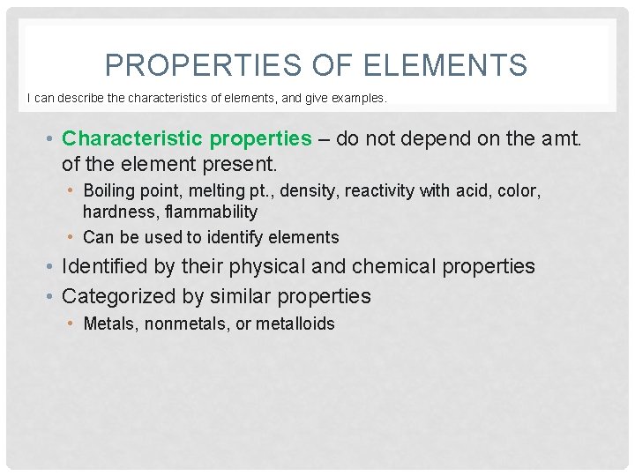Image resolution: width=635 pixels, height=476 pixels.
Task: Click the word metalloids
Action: pos(296,324)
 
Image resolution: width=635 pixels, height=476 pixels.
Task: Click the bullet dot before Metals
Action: pos(72,324)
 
